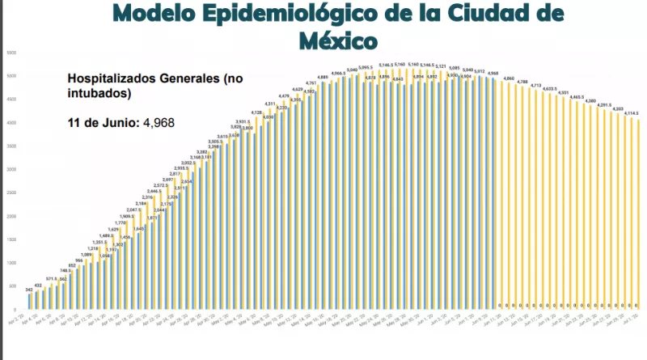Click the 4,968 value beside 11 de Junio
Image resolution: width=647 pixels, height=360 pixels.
pyautogui.click(x=159, y=123)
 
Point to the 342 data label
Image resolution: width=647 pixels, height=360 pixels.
pyautogui.click(x=29, y=289)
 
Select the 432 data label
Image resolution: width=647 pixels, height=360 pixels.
pyautogui.click(x=38, y=285)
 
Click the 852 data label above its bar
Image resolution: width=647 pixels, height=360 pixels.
pyautogui.click(x=71, y=265)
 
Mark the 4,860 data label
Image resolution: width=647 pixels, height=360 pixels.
pyautogui.click(x=509, y=78)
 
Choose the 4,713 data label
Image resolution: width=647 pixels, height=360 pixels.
pyautogui.click(x=535, y=85)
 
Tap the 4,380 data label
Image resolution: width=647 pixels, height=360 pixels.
pyautogui.click(x=590, y=100)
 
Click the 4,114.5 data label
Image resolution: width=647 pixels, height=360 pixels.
pyautogui.click(x=632, y=113)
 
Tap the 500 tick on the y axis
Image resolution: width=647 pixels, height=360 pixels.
pyautogui.click(x=12, y=286)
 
